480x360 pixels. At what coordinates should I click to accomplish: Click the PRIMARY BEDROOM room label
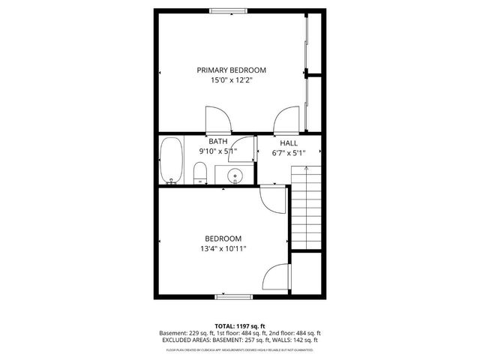(x=232, y=70)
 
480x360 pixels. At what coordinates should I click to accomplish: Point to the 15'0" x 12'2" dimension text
(x=232, y=80)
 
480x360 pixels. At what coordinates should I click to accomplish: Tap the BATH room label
(x=218, y=141)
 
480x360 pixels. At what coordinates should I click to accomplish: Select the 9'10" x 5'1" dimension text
(x=218, y=151)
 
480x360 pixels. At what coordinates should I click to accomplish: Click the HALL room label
(x=289, y=142)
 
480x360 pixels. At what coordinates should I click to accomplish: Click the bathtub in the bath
(x=171, y=160)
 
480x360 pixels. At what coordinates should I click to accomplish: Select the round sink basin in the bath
(x=235, y=176)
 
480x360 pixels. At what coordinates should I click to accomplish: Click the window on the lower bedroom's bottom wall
(x=232, y=297)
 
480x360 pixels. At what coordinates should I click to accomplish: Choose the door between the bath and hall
(x=241, y=148)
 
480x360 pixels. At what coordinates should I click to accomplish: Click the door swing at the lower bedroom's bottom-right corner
(x=277, y=279)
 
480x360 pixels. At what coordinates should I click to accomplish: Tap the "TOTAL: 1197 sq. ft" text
(x=240, y=325)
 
